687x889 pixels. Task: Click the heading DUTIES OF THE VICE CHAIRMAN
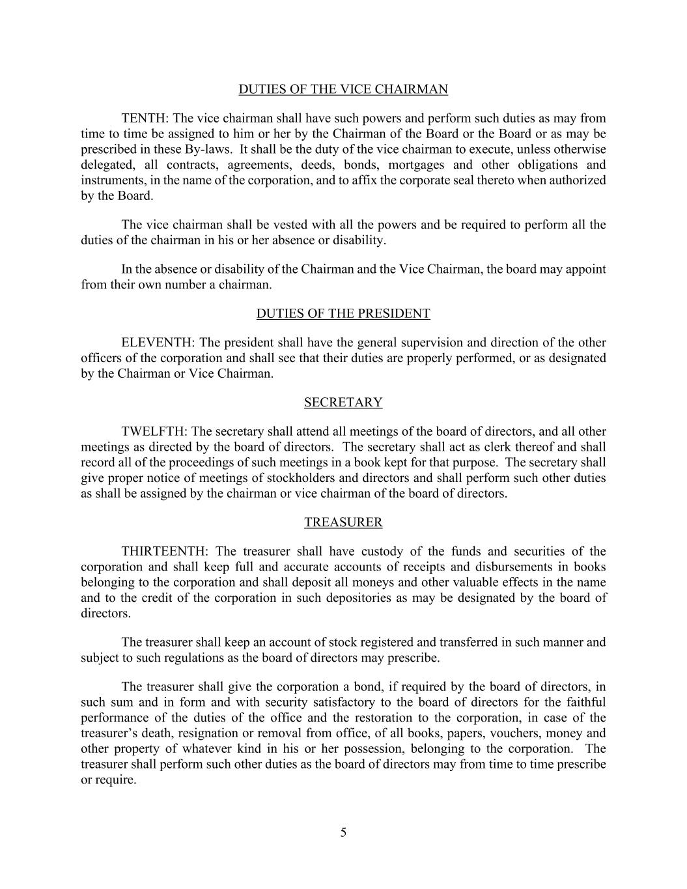click(343, 90)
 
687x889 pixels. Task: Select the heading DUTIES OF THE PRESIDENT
click(343, 314)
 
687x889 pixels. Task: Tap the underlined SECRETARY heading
click(343, 402)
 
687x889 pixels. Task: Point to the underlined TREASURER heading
click(343, 522)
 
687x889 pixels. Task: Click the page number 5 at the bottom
click(343, 832)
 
